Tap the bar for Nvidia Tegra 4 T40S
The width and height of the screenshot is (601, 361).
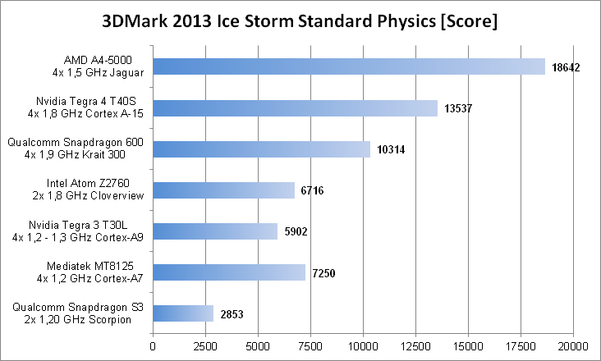coord(296,107)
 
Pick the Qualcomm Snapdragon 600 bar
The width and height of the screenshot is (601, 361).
coord(262,149)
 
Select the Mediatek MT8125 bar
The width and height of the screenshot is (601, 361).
coord(229,272)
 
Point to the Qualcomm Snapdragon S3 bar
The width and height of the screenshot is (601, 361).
coord(183,313)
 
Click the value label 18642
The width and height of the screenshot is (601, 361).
coord(567,67)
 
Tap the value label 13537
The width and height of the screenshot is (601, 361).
coord(459,108)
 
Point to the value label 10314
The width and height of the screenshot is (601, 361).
coord(392,149)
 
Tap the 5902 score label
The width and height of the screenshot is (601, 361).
coord(296,231)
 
